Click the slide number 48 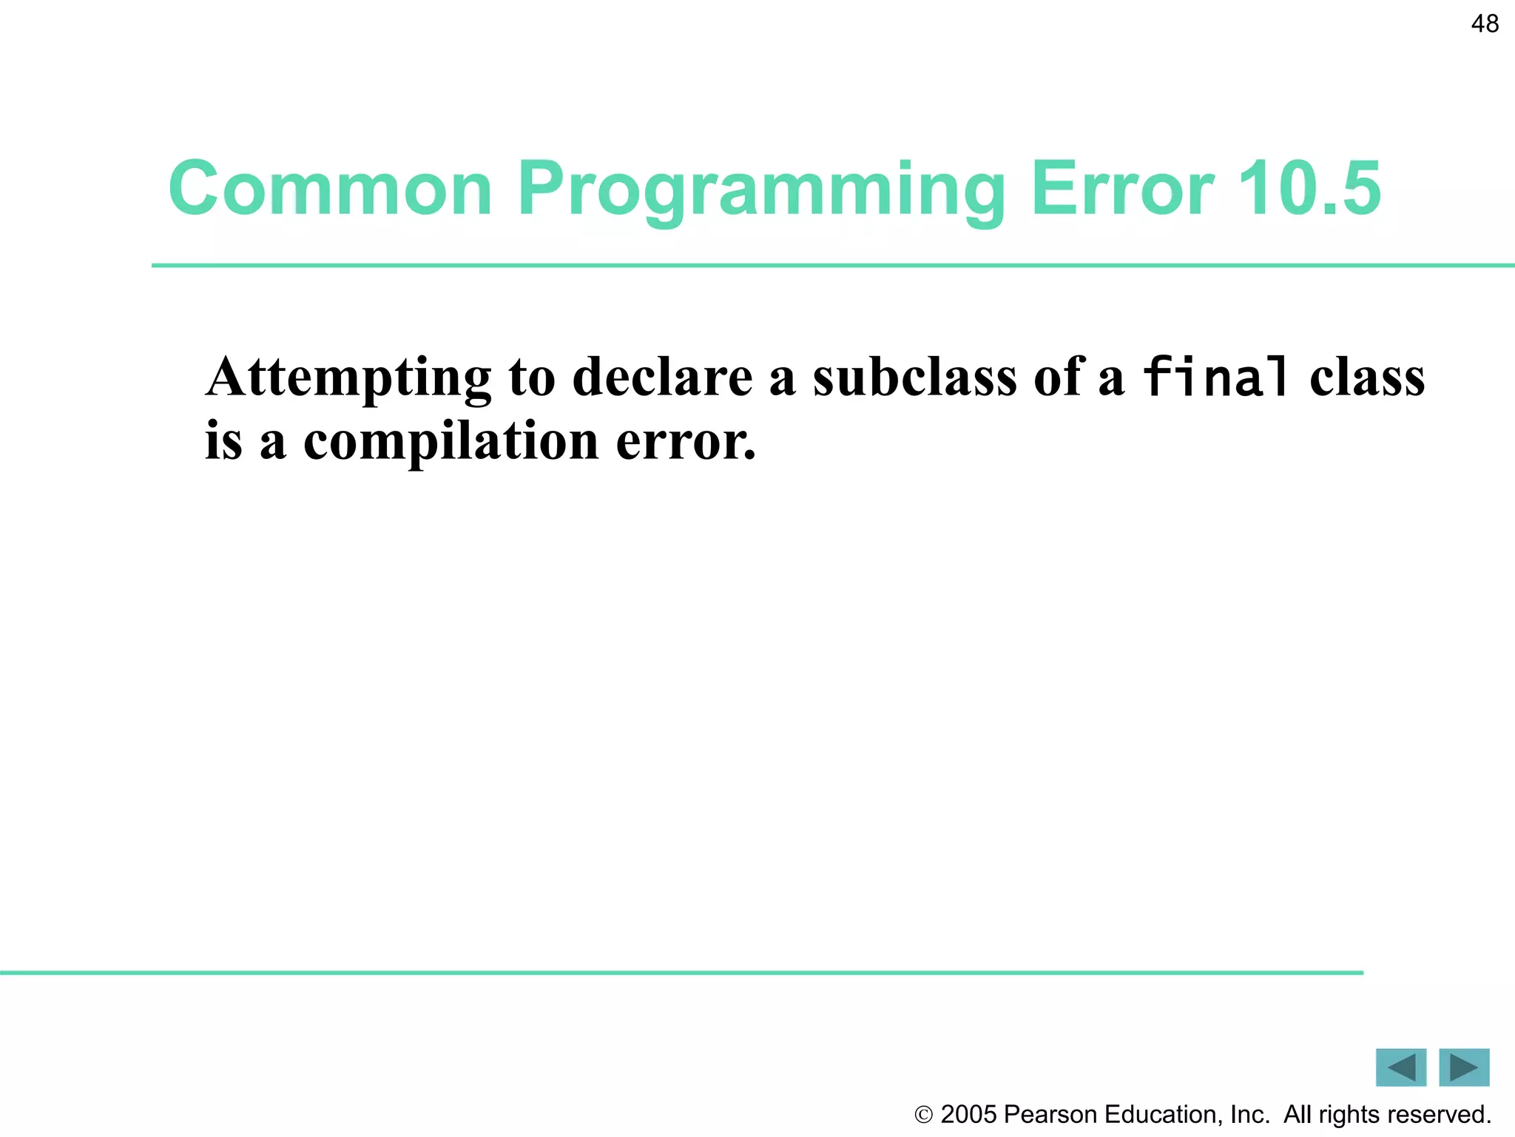coord(1485,24)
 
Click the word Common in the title coord(330,189)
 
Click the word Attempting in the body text coord(348,378)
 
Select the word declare coord(662,378)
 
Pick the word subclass coord(914,378)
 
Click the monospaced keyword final coord(1215,378)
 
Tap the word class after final coord(1366,378)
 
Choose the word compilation coord(451,442)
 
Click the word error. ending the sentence coord(686,442)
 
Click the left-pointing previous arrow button coord(1400,1067)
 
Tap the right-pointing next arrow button coord(1464,1067)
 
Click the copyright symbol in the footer coord(923,1115)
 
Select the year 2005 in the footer coord(968,1115)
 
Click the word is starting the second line coord(223,442)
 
